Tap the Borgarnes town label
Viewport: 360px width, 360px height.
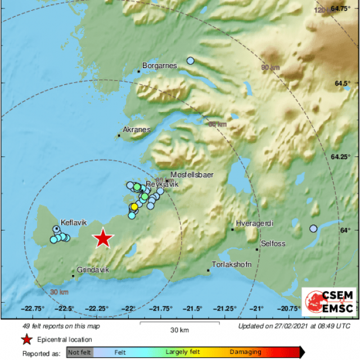tap(159, 66)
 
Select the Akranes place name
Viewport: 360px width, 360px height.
tap(137, 129)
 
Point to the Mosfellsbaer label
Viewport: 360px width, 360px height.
tap(192, 175)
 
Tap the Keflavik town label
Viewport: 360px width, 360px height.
tap(73, 222)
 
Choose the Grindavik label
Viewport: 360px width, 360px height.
tap(93, 270)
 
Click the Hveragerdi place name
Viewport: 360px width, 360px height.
tap(254, 223)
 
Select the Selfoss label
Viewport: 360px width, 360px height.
tap(273, 244)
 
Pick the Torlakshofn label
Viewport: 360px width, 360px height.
tap(231, 264)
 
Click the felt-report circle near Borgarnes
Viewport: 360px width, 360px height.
tap(191, 61)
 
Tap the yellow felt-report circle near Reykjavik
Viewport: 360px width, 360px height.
tap(134, 206)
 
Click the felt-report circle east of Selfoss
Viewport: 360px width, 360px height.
tap(313, 228)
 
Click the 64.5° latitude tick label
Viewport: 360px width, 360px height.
tap(342, 83)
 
